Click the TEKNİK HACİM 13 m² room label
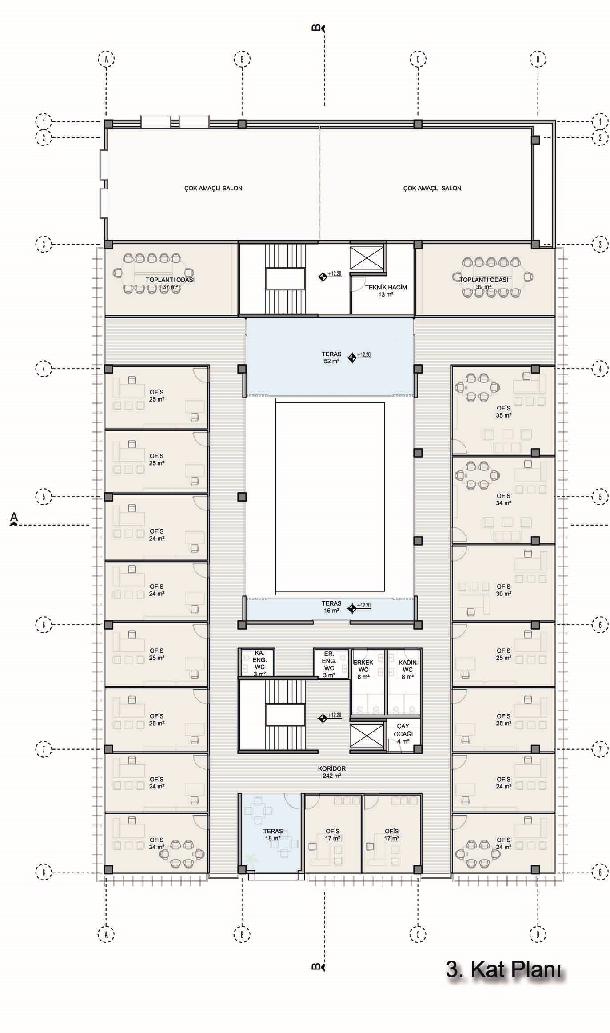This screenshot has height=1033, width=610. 386,291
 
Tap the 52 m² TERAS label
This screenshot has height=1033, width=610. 331,358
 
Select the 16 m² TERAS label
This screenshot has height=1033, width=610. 331,607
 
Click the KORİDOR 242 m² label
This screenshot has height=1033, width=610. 331,772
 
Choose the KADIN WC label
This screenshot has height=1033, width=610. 407,669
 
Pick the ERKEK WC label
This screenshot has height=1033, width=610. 363,669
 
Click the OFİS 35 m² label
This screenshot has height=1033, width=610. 503,411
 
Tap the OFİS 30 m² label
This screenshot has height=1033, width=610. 503,590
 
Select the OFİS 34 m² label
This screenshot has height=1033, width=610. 503,499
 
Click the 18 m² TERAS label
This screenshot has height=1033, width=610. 273,835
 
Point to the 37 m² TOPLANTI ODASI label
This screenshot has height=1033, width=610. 170,283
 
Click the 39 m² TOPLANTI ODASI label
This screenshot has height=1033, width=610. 484,283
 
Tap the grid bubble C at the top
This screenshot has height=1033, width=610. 418,59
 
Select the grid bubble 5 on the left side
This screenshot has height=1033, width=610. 44,497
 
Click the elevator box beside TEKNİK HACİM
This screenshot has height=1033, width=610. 366,257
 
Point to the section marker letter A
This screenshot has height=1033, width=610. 14,517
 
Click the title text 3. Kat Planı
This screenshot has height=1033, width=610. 504,969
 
